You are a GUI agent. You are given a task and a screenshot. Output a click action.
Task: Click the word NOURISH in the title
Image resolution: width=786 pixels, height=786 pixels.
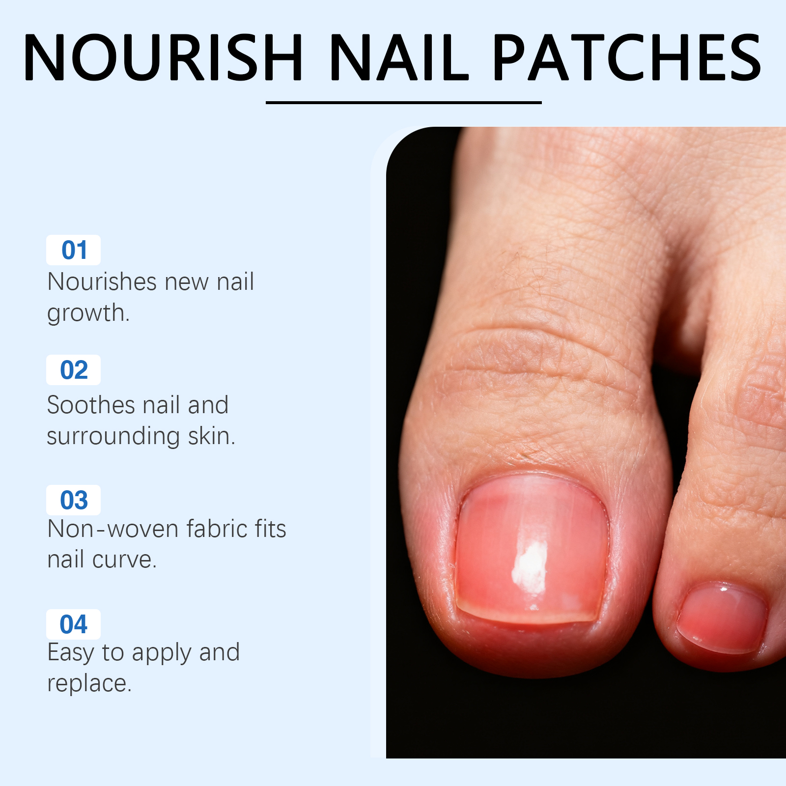163,57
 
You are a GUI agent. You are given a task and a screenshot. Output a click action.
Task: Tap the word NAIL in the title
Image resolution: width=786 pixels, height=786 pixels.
399,57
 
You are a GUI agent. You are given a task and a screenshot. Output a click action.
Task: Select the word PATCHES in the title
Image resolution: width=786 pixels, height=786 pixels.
627,57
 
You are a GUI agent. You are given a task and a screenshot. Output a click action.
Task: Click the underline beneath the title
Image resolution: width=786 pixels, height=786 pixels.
404,103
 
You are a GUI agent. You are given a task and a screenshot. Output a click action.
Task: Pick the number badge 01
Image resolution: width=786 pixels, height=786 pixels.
74,250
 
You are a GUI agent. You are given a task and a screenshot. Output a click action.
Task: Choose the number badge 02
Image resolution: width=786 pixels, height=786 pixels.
74,370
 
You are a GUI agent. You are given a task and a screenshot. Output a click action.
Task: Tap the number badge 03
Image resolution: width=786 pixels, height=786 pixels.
74,500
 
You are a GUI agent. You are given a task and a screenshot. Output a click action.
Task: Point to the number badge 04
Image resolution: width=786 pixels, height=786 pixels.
74,624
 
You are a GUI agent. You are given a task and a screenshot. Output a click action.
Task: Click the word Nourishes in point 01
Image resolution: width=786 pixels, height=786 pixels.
102,282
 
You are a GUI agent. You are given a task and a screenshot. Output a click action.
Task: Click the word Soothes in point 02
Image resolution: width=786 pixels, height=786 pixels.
91,405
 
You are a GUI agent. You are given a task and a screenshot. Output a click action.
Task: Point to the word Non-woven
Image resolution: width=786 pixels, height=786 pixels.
113,529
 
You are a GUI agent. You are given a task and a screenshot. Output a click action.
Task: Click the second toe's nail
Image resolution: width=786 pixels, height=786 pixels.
722,618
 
